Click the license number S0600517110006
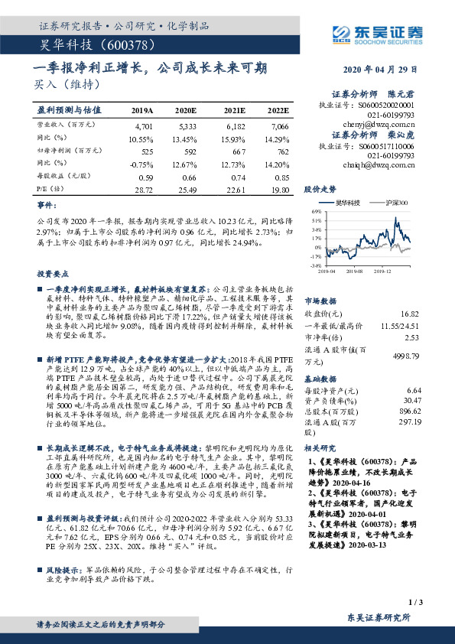pyautogui.click(x=393, y=145)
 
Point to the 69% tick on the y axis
pyautogui.click(x=317, y=210)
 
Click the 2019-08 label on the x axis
pyautogui.click(x=353, y=270)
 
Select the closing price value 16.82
pyautogui.click(x=410, y=314)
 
